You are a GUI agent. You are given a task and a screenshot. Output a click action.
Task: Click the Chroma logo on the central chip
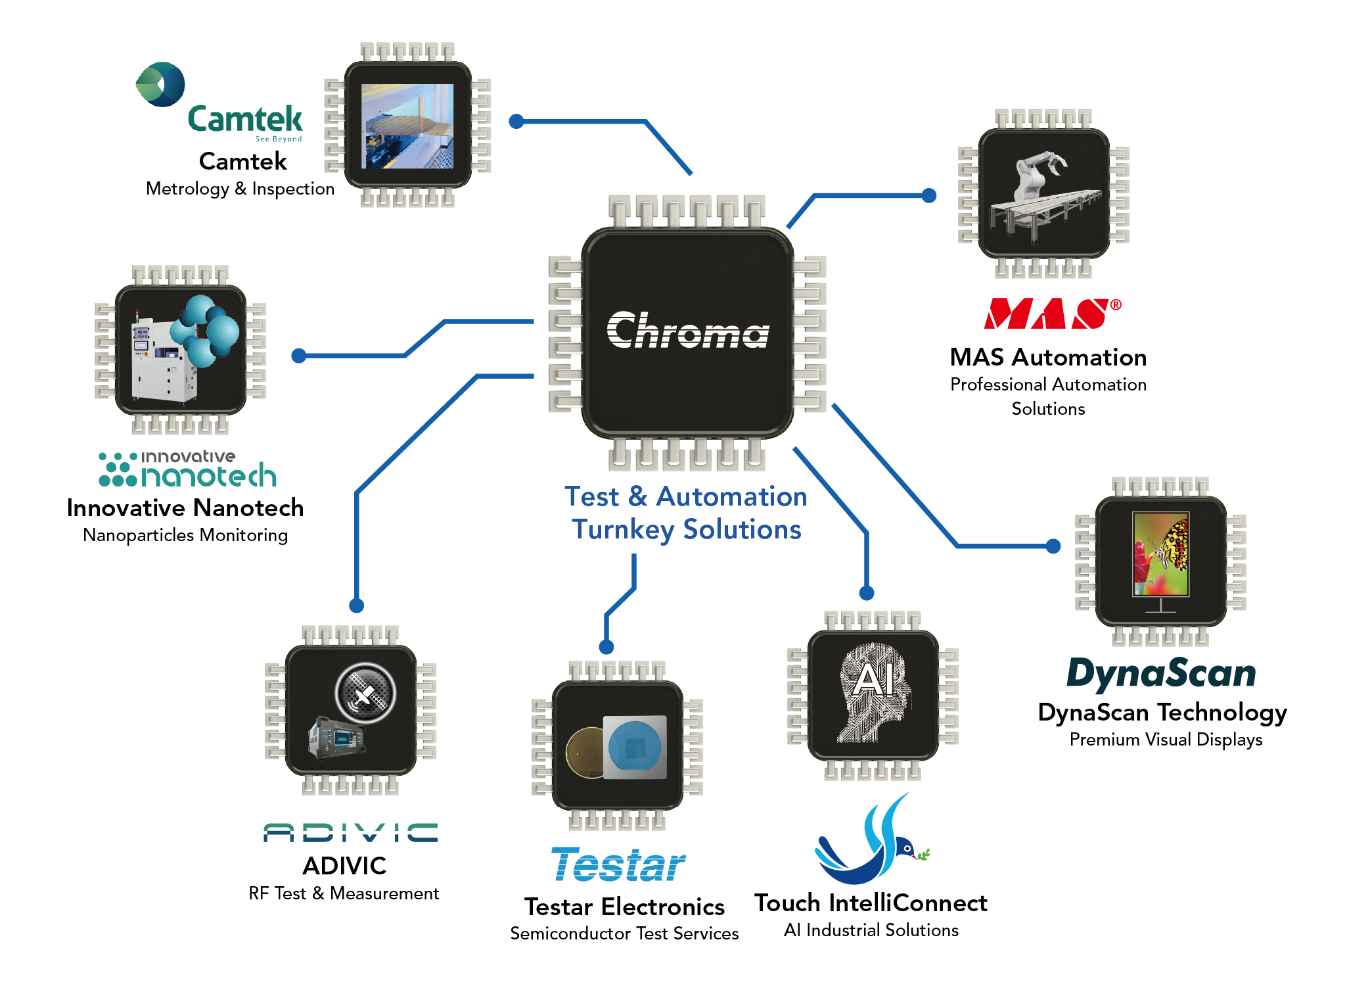[x=687, y=330]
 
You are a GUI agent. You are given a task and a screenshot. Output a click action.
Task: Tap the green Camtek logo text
[x=245, y=120]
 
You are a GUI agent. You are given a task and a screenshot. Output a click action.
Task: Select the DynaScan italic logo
[x=1161, y=674]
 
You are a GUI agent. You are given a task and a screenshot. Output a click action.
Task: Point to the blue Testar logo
[x=618, y=865]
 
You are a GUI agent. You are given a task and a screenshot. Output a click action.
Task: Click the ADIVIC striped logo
[x=350, y=832]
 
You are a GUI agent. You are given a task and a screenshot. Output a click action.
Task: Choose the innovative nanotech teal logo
[x=189, y=469]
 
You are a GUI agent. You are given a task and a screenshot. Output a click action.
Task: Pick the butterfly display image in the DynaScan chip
[x=1161, y=554]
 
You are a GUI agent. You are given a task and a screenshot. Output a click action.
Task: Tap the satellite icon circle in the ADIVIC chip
[x=365, y=693]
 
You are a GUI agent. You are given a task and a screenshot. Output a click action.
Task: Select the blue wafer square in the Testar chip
[x=635, y=747]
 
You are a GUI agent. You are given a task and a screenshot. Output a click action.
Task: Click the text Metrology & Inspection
[x=240, y=189]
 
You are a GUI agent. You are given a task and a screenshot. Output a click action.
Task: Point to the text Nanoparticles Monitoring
[x=185, y=535]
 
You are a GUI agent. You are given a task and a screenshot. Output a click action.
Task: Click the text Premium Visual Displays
[x=1166, y=740]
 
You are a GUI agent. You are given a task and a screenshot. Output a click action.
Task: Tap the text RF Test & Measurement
[x=344, y=893]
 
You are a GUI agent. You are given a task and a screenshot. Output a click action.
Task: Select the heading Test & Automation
[x=685, y=497]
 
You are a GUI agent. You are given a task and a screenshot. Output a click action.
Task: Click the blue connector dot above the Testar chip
[x=606, y=647]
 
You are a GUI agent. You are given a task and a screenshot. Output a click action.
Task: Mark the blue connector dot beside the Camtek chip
[x=516, y=121]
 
